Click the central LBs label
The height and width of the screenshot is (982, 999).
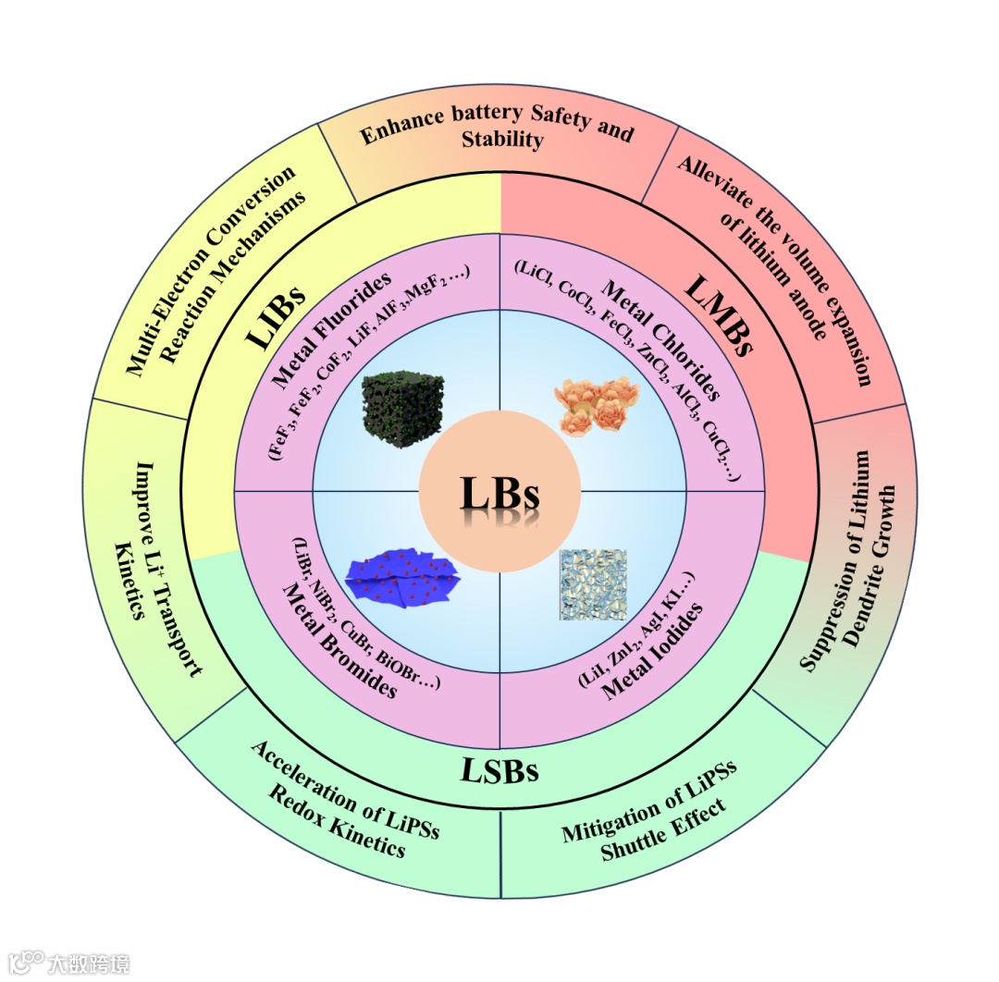coord(499,494)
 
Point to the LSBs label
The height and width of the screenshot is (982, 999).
coord(499,769)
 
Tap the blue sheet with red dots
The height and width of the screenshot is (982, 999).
coord(402,581)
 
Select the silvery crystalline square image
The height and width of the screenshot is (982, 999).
coord(592,584)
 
